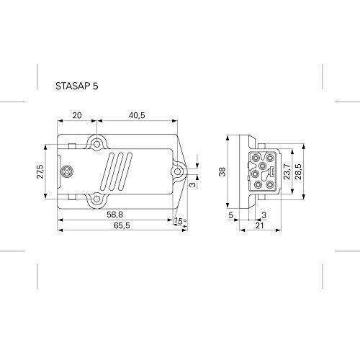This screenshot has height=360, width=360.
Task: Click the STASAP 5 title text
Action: (77, 86)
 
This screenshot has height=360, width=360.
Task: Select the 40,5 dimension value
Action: (137, 115)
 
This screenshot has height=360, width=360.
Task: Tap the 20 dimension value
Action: (77, 115)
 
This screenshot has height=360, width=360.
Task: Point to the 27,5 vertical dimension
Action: (40, 171)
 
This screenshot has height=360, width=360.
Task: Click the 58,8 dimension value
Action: (115, 215)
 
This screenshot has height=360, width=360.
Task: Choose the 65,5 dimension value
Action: (122, 225)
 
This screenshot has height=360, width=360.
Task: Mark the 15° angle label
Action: (180, 221)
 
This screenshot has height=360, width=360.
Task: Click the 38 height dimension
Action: (222, 172)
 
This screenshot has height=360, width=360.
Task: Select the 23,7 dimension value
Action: (287, 171)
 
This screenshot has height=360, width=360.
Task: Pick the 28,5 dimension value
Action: (298, 171)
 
